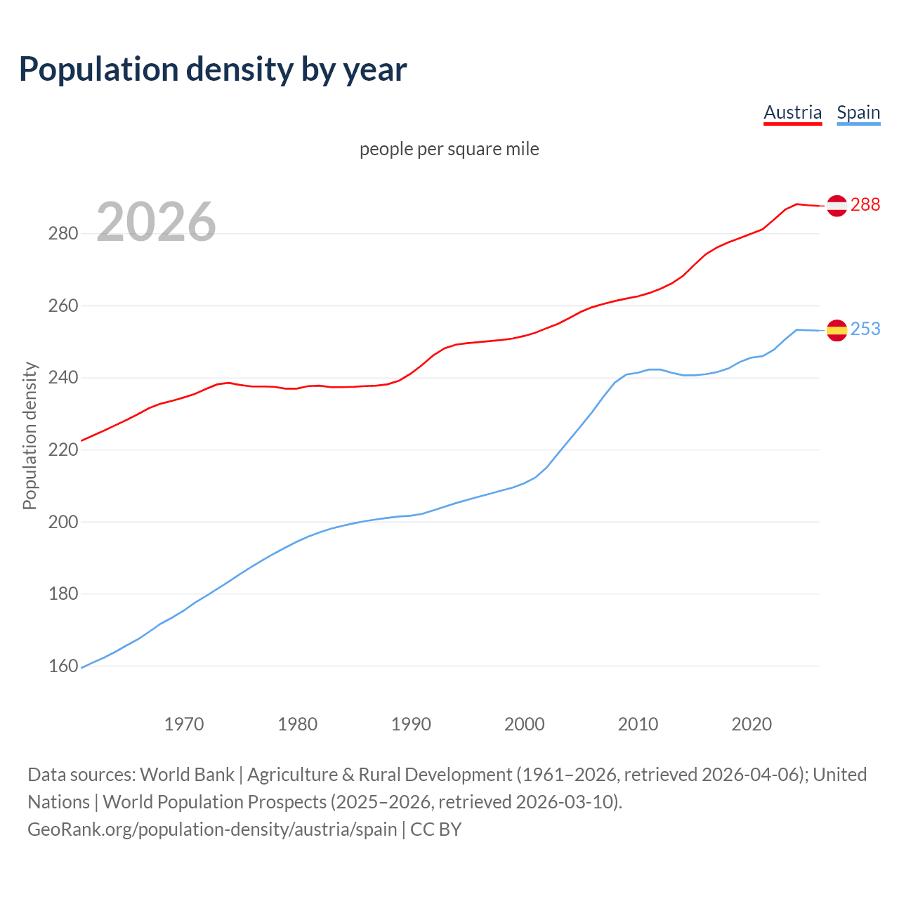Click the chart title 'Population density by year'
(213, 69)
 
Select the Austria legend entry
(792, 112)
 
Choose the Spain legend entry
(858, 112)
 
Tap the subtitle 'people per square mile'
(449, 149)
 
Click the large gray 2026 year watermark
(156, 222)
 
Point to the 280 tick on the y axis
(63, 234)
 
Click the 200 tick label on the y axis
(63, 522)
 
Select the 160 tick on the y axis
(63, 666)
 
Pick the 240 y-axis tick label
(63, 378)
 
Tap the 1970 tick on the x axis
(184, 724)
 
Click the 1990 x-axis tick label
(411, 724)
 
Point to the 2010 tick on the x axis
(638, 724)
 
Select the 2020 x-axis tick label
(752, 724)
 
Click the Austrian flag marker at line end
(836, 205)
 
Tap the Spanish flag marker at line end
(836, 329)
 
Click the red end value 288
(865, 204)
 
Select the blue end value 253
(865, 329)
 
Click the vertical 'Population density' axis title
(29, 435)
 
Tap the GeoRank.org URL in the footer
(212, 829)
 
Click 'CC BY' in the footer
(436, 829)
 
